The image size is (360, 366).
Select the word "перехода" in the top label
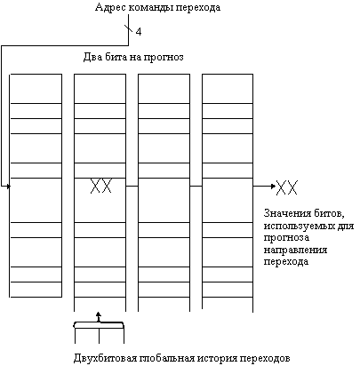pyautogui.click(x=198, y=8)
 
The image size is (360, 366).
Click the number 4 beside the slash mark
pyautogui.click(x=139, y=32)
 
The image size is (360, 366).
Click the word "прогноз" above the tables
pyautogui.click(x=164, y=57)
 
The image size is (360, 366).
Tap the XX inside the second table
pyautogui.click(x=101, y=186)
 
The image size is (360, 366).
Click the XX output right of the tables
pyautogui.click(x=287, y=187)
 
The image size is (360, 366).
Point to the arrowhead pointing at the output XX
pyautogui.click(x=273, y=187)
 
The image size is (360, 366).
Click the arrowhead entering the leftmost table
pyautogui.click(x=8, y=187)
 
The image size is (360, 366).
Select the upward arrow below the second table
pyautogui.click(x=99, y=317)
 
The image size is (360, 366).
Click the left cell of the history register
pyautogui.click(x=87, y=336)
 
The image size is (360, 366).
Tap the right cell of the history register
pyautogui.click(x=111, y=336)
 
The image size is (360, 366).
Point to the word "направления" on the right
pyautogui.click(x=295, y=251)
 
